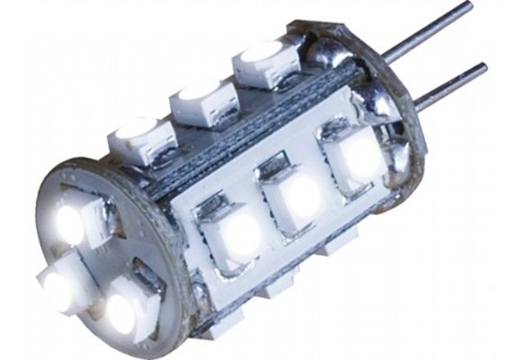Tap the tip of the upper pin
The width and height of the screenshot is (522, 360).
pyautogui.click(x=467, y=7)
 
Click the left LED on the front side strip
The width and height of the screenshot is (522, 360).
pyautogui.click(x=238, y=235)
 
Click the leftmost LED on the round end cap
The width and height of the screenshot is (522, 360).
pyautogui.click(x=63, y=286)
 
